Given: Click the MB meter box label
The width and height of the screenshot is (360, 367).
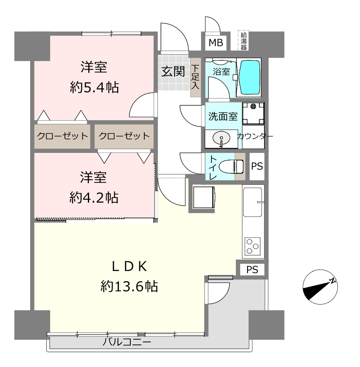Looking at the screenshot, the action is (216, 43).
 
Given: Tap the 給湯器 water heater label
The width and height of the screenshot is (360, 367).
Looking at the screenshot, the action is (244, 41).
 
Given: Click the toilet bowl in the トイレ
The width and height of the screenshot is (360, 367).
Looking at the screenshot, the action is (231, 167).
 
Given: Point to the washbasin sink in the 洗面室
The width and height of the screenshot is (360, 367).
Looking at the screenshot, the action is (221, 138).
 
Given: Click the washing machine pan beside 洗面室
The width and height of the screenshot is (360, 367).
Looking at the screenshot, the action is (253, 113).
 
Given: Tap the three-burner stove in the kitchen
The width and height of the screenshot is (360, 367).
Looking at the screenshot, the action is (253, 246).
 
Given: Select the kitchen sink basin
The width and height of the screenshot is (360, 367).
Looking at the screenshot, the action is (253, 202).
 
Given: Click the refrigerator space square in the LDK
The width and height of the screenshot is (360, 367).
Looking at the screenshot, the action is (204, 197).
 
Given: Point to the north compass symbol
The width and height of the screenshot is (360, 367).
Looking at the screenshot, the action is (320, 287).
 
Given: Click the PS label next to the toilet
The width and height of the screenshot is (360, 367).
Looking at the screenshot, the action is (257, 166).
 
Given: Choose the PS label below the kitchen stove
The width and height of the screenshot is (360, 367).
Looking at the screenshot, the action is (252, 270).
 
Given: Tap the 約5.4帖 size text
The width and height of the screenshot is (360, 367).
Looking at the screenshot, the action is (94, 88).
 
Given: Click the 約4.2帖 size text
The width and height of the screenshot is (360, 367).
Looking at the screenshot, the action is (94, 198).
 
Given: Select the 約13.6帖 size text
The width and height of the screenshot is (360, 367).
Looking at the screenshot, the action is (129, 286).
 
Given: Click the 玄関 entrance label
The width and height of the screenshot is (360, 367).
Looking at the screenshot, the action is (173, 71).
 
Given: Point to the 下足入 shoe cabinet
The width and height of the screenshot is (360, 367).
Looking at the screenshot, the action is (195, 77).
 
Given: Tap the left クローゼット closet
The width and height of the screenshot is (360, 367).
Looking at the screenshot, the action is (62, 136).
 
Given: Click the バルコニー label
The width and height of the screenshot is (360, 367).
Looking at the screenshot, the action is (127, 342).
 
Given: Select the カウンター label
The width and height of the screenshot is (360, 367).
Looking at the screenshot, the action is (255, 136).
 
